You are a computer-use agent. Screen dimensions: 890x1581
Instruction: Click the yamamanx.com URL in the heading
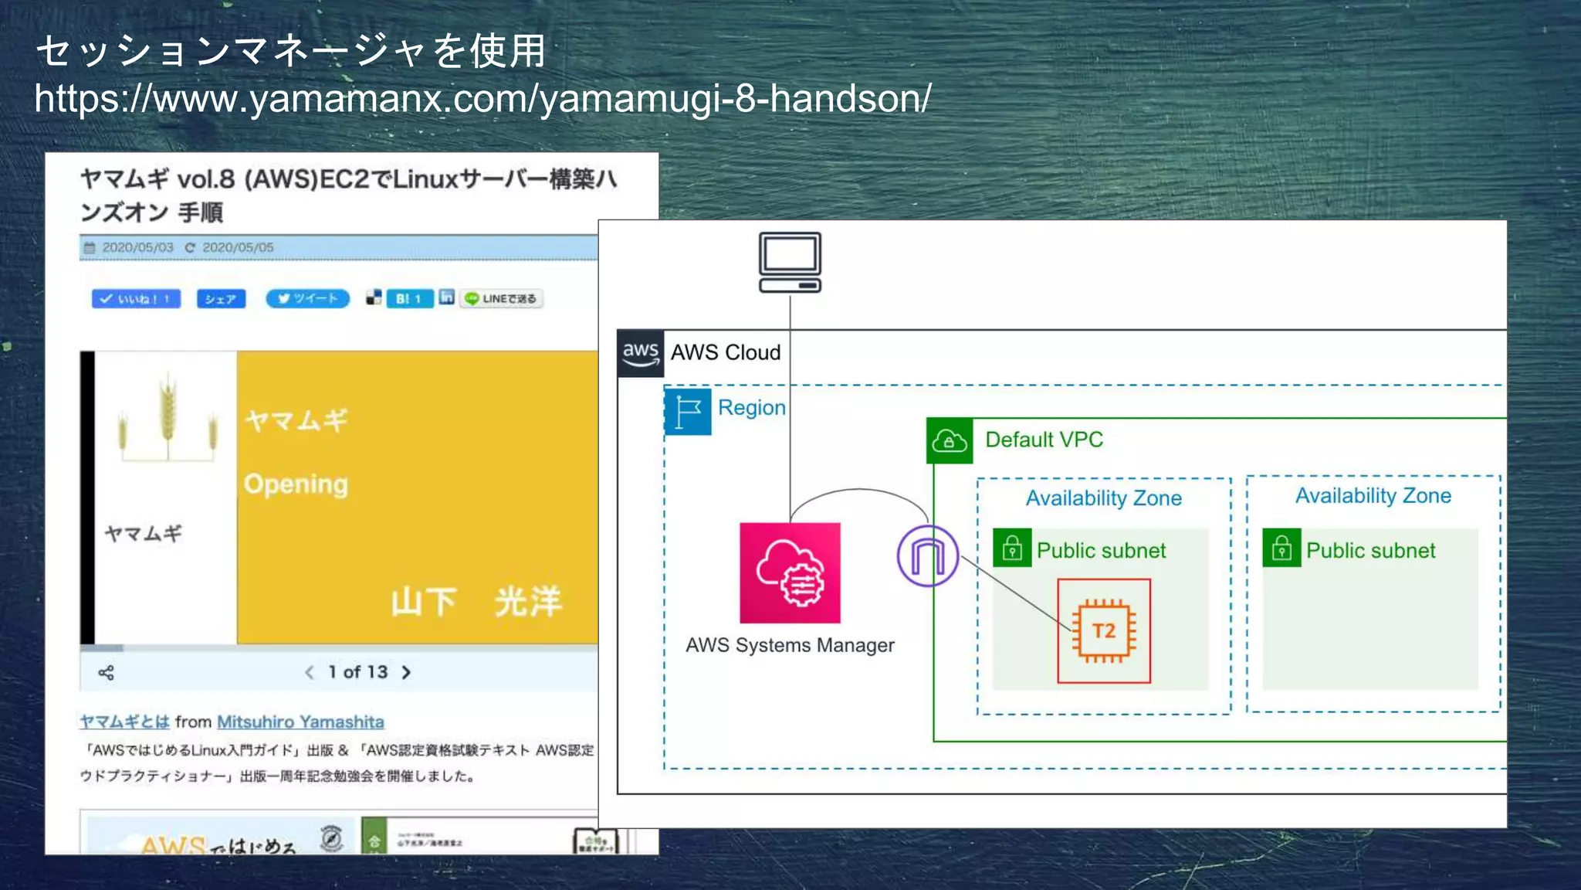coord(482,99)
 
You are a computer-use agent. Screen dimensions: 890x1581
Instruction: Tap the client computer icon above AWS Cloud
coord(790,263)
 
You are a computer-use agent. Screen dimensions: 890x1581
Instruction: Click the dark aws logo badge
coord(640,353)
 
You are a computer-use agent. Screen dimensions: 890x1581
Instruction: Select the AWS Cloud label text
coord(725,352)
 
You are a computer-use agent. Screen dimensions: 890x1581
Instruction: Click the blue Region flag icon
coord(688,411)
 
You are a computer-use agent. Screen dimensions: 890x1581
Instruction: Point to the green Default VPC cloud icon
coord(949,441)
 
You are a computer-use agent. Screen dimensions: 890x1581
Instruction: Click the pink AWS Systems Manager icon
coord(790,572)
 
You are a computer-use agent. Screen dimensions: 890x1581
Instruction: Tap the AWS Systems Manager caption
coord(790,645)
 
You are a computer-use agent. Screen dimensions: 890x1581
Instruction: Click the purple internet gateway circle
coord(927,555)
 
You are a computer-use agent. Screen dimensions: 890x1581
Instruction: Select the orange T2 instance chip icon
coord(1103,630)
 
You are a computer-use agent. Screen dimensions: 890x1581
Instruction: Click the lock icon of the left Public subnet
coord(1012,549)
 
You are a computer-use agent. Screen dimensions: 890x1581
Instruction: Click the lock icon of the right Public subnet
coord(1281,549)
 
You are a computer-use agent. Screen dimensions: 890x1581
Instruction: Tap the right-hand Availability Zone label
coord(1373,496)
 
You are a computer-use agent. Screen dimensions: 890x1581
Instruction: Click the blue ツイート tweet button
coord(307,298)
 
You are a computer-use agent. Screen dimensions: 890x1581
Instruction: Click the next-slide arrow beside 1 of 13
coord(406,672)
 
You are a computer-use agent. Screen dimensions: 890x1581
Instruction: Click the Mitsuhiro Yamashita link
coord(300,722)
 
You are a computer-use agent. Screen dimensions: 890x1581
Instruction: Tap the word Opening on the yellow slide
coord(296,484)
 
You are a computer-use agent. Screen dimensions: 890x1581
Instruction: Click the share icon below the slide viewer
coord(107,673)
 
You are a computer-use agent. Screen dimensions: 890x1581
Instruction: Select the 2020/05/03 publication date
coord(137,247)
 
